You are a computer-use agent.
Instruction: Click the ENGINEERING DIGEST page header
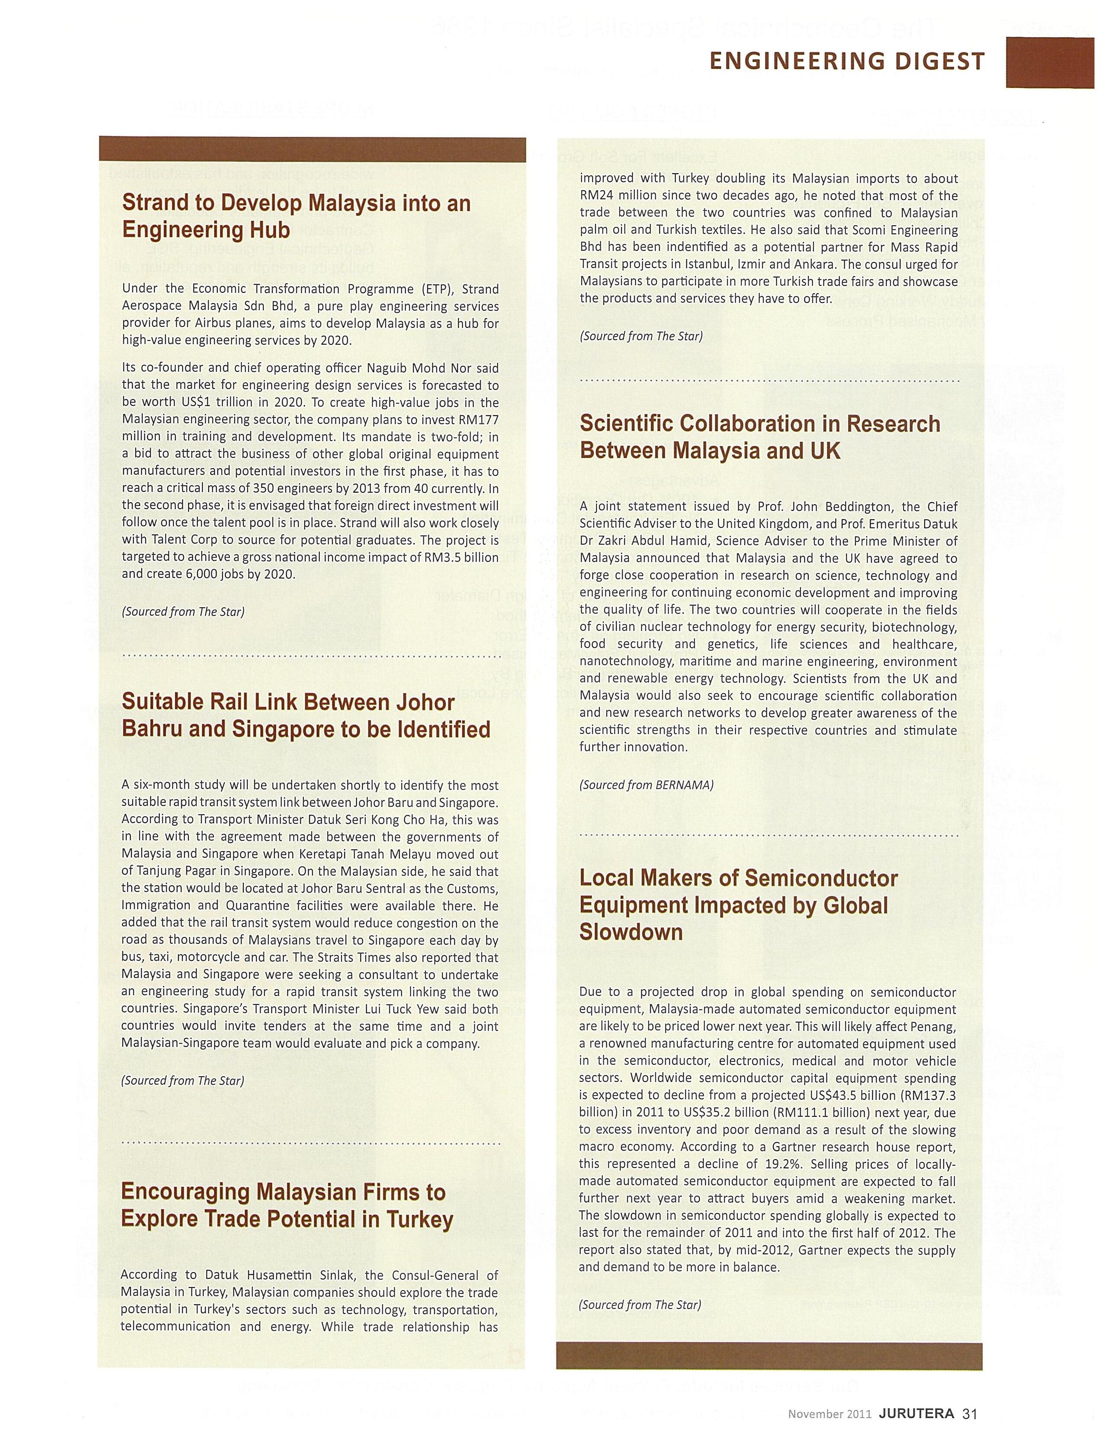(847, 62)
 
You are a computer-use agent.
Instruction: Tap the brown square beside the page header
(1050, 62)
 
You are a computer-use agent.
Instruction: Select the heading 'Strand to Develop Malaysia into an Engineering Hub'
(296, 216)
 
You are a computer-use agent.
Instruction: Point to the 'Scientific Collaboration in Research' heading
(760, 436)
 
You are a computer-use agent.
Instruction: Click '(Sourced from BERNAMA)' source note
(646, 785)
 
